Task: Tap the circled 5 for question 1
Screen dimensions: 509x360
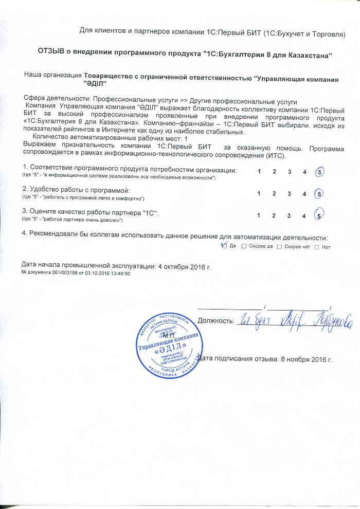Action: click(x=320, y=172)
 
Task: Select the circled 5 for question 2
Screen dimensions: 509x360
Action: click(x=320, y=194)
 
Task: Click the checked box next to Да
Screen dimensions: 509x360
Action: click(x=224, y=246)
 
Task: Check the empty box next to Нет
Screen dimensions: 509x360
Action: click(x=316, y=247)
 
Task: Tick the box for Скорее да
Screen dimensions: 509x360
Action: click(x=243, y=247)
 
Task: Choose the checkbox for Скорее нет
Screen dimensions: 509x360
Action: click(x=279, y=247)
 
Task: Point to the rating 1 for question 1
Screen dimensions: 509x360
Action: click(x=260, y=171)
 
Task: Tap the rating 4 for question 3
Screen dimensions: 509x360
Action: click(x=305, y=215)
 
